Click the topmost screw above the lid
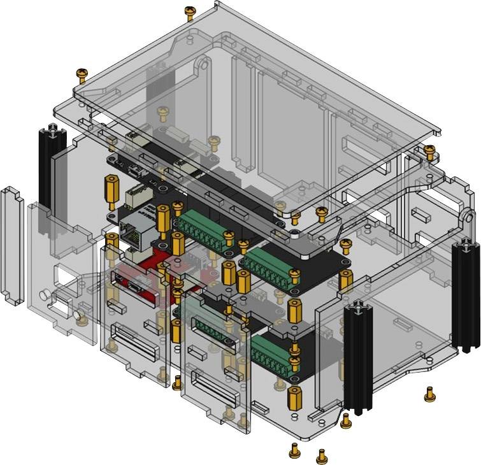pos(189,11)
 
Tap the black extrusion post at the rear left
pos(48,166)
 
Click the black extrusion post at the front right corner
pos(357,357)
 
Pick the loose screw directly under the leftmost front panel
pos(177,382)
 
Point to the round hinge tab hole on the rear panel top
pos(203,64)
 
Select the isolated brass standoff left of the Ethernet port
pos(110,188)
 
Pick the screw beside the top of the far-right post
pos(430,152)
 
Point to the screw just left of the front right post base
pos(345,420)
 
